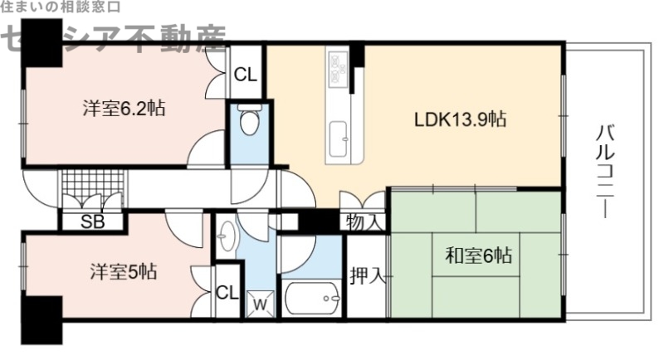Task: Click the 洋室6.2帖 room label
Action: click(x=122, y=108)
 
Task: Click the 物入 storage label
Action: click(x=364, y=222)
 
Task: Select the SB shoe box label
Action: click(x=91, y=221)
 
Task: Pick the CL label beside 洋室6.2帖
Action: click(x=246, y=75)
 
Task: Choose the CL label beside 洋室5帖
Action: click(x=227, y=292)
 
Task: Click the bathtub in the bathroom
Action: click(x=311, y=297)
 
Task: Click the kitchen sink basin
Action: click(x=339, y=136)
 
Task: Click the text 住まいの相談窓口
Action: click(x=61, y=7)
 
